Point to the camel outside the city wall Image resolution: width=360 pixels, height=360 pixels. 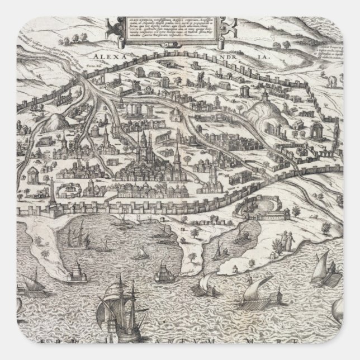[332, 82]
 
